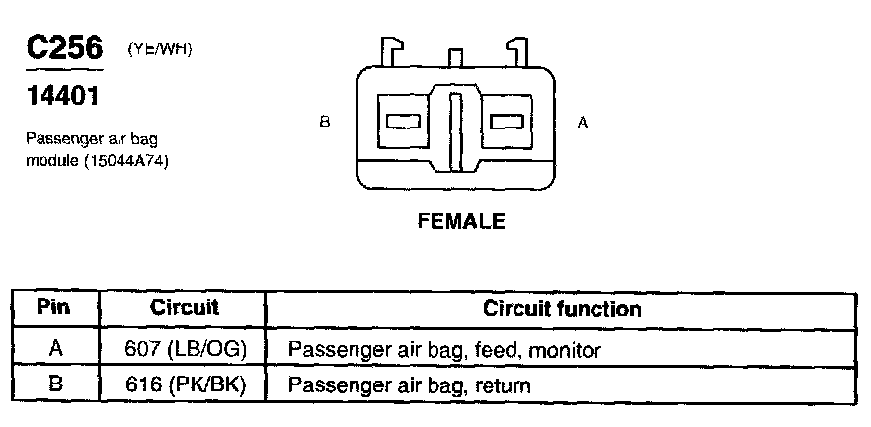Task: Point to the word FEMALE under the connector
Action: (x=461, y=221)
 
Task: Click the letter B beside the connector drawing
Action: (x=324, y=123)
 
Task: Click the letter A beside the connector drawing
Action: (x=583, y=123)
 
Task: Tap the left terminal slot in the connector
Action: (x=404, y=122)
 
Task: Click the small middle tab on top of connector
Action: (x=455, y=57)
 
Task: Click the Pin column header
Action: (x=54, y=308)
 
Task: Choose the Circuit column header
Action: (x=184, y=308)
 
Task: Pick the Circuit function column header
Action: (x=562, y=309)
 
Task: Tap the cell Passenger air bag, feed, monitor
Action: (x=444, y=350)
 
